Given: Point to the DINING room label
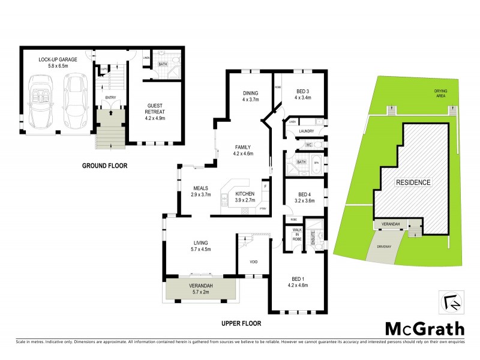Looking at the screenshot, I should (x=250, y=93).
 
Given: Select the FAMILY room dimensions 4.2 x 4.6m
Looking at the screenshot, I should (x=242, y=154).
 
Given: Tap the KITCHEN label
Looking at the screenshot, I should (x=245, y=193).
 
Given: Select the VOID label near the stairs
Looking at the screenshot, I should (x=254, y=262).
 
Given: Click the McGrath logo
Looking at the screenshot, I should (x=424, y=328).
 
